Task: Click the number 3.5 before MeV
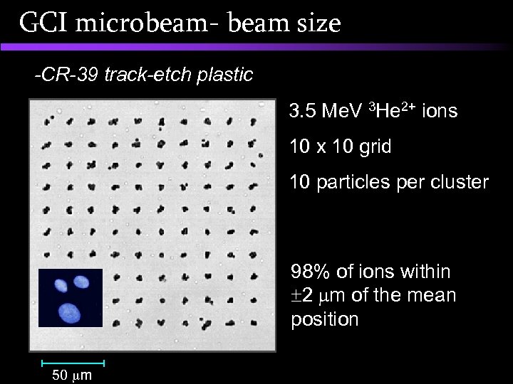pyautogui.click(x=303, y=112)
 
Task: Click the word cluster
pyautogui.click(x=461, y=183)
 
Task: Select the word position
pyautogui.click(x=324, y=319)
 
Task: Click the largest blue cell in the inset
pyautogui.click(x=69, y=311)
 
